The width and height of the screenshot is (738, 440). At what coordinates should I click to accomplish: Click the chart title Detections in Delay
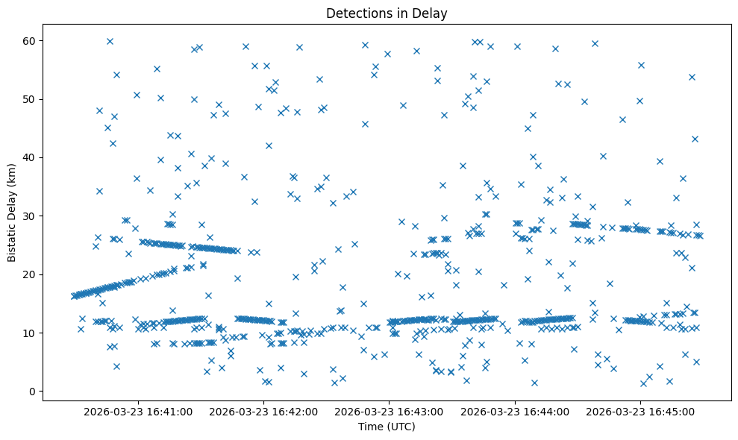click(x=387, y=13)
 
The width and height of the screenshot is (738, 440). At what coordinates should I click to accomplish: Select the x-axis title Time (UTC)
click(x=387, y=427)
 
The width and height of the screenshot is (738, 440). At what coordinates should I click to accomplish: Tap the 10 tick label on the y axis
click(x=31, y=333)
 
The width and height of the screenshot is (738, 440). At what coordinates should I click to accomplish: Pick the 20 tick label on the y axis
click(x=31, y=274)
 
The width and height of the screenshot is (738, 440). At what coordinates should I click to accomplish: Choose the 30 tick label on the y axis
click(x=31, y=216)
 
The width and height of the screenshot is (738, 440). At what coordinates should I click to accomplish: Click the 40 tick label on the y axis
click(x=31, y=157)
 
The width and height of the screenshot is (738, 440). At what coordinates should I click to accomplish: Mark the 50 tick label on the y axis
click(x=31, y=99)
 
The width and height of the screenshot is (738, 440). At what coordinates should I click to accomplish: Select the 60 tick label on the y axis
click(x=31, y=41)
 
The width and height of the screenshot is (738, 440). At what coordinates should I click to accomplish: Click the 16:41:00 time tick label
click(x=138, y=411)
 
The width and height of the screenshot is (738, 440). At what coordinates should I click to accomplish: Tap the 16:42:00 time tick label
click(x=263, y=411)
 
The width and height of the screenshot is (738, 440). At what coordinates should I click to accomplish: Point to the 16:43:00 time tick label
click(x=389, y=411)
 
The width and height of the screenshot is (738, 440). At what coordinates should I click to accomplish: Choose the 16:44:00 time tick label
click(x=515, y=411)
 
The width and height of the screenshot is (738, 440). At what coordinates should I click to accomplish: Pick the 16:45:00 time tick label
click(x=640, y=411)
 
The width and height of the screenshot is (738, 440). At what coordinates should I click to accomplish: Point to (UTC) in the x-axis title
click(x=400, y=427)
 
